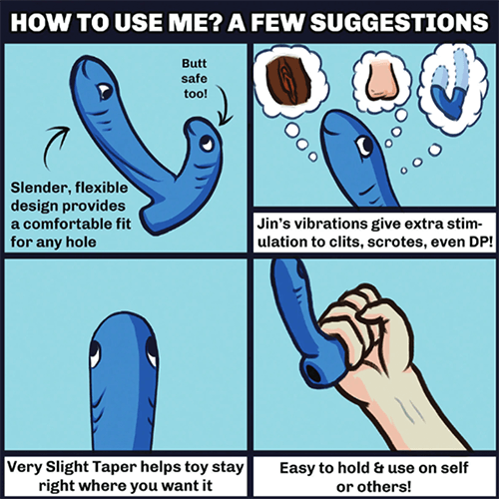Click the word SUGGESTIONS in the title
[x=399, y=23]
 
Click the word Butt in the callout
[x=195, y=63]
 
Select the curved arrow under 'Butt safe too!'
[x=225, y=105]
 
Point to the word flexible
[x=102, y=188]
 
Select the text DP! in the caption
[x=481, y=242]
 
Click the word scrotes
[x=391, y=242]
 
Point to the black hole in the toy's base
[x=313, y=373]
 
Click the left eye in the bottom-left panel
[x=95, y=354]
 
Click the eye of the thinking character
[x=364, y=147]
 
